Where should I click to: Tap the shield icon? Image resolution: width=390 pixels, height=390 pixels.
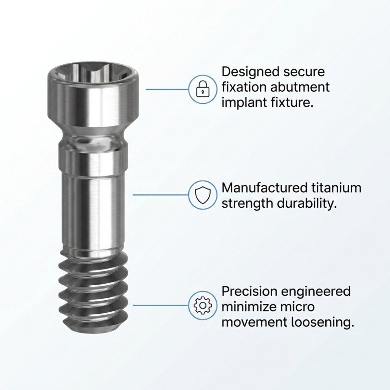pyautogui.click(x=202, y=195)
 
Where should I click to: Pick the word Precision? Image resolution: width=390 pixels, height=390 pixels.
pyautogui.click(x=248, y=291)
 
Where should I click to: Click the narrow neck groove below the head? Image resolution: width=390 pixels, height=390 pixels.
pyautogui.click(x=94, y=140)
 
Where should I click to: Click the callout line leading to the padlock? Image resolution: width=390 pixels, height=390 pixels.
pyautogui.click(x=167, y=89)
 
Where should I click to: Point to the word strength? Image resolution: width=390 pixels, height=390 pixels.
pyautogui.click(x=247, y=204)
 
